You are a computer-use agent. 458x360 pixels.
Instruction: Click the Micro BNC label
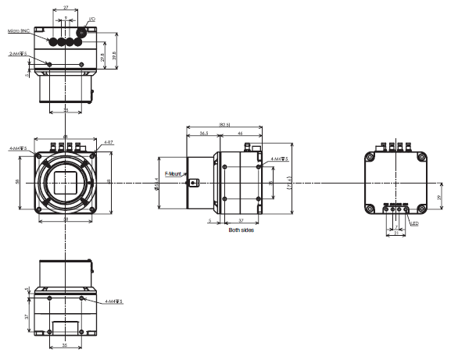click(19, 31)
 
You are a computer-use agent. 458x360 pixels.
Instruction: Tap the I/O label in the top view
click(93, 18)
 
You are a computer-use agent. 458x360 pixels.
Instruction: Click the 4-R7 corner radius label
click(109, 142)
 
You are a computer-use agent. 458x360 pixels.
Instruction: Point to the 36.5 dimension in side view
click(203, 134)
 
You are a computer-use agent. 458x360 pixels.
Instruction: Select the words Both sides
click(241, 230)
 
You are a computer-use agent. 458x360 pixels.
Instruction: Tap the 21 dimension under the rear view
click(396, 233)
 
